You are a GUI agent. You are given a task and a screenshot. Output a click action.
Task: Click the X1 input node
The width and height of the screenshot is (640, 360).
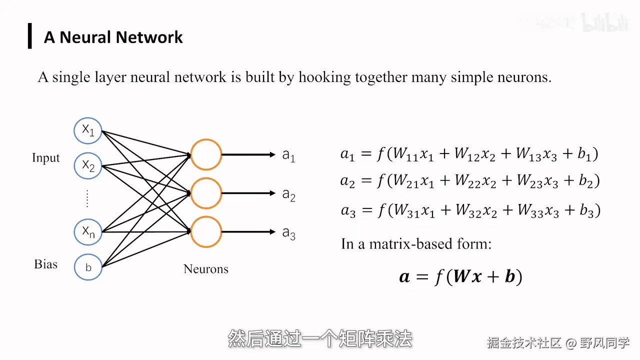tap(88, 130)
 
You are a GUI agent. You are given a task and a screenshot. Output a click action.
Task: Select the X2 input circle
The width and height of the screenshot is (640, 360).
tap(88, 166)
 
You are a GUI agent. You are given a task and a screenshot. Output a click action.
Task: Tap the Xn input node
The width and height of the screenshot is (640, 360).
tap(88, 231)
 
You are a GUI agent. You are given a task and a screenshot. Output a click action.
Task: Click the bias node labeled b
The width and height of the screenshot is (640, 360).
tap(88, 267)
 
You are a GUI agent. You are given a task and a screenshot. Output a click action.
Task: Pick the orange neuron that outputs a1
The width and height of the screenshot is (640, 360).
tap(206, 154)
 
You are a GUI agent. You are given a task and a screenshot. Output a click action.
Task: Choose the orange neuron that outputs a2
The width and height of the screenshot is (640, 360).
tap(206, 193)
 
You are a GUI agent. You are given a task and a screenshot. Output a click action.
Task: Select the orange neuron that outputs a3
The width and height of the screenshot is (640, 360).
tap(206, 231)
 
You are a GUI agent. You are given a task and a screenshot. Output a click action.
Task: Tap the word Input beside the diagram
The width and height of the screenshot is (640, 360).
tap(45, 158)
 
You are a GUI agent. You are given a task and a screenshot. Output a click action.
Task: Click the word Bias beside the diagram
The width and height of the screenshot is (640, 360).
tap(45, 264)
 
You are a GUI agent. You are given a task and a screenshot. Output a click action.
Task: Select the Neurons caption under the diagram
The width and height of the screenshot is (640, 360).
tap(205, 269)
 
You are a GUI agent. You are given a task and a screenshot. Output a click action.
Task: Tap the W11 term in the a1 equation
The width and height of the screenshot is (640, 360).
tap(405, 154)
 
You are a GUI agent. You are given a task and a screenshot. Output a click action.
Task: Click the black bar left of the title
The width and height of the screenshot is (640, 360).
tap(30, 36)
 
